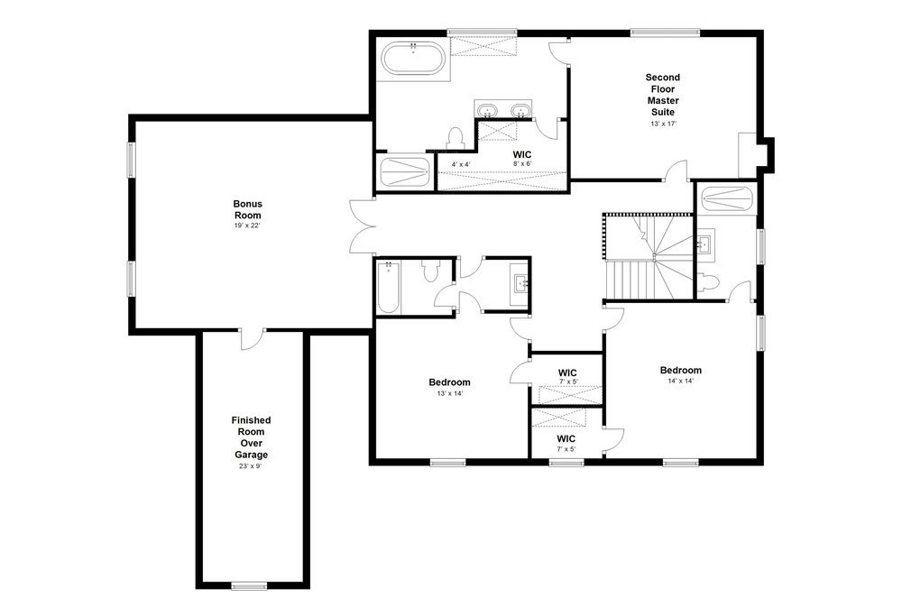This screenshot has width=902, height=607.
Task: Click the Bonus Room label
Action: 246,210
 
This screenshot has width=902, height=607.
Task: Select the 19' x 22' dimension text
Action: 246,225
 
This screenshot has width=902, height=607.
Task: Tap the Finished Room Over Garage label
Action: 251,437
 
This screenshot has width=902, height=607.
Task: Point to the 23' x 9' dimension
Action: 251,466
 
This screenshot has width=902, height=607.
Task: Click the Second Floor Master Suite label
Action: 662,95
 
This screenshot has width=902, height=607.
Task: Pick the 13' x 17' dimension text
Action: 662,124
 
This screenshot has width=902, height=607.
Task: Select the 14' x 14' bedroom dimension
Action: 680,382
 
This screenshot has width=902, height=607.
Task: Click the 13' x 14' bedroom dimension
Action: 449,393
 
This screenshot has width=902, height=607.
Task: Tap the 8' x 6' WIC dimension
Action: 522,164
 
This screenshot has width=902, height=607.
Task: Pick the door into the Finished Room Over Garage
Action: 253,337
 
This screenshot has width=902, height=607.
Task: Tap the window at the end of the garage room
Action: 251,584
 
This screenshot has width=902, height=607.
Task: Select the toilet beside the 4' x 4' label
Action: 455,138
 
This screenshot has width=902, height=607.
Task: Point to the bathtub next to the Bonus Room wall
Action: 388,287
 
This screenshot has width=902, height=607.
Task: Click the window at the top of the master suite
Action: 666,33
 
